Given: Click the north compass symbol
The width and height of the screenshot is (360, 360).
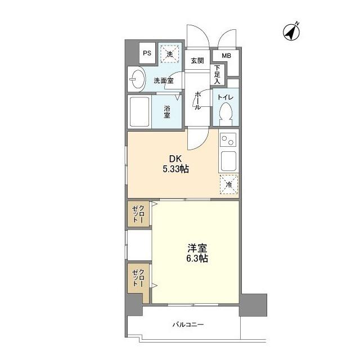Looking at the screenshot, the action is click(291, 32).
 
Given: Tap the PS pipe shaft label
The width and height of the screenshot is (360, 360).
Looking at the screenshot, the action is click(147, 53).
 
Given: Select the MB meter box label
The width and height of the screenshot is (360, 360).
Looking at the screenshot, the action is click(226, 56).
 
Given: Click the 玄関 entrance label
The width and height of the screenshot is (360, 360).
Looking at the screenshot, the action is click(197, 61).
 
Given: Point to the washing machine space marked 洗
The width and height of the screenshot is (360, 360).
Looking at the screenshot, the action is click(169, 54).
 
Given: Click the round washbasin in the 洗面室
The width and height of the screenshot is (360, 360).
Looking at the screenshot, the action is click(137, 79).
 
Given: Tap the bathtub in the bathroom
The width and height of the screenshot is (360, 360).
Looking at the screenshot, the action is click(139, 111).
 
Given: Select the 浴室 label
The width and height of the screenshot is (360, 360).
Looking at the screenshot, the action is click(167, 112).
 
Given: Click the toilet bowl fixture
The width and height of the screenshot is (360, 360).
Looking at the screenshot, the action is click(226, 113).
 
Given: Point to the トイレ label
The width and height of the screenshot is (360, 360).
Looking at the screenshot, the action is click(226, 97).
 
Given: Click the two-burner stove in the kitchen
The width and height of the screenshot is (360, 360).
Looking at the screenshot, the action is click(228, 139).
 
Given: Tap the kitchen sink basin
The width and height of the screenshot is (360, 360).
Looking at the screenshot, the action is click(228, 161).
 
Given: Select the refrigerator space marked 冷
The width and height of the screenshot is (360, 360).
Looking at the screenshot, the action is click(229, 184).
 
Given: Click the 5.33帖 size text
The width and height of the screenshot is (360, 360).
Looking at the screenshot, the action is click(176, 169).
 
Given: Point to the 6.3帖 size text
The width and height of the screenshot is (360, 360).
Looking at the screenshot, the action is click(197, 259).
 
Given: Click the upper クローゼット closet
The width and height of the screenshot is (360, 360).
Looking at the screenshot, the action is click(138, 214).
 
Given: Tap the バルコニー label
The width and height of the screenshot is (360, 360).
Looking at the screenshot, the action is click(188, 325).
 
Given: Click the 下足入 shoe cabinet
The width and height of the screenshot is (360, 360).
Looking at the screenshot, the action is click(217, 74).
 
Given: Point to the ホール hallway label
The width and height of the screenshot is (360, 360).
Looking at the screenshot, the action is click(197, 101).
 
